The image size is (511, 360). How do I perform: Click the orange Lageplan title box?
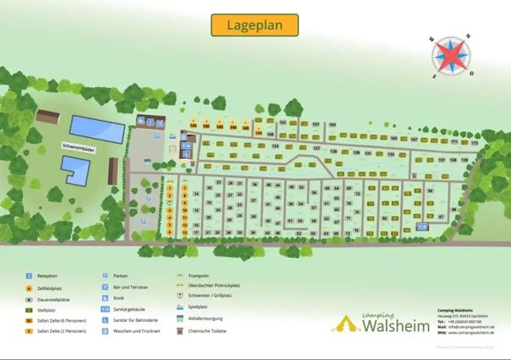click(x=255, y=25)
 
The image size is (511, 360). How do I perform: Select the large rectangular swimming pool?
click(x=95, y=128)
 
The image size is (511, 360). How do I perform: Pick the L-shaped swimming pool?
click(x=78, y=171)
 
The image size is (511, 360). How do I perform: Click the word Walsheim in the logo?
click(x=393, y=325)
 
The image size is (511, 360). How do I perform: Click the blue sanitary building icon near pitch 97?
click(x=422, y=226)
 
